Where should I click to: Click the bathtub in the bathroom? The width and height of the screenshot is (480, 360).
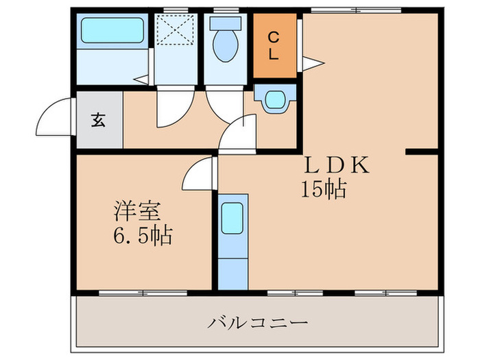[x=112, y=31]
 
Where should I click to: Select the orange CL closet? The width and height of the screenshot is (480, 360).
[x=273, y=46]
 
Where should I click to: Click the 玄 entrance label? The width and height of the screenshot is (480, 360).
[x=99, y=121]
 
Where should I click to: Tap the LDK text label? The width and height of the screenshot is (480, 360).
[x=337, y=165]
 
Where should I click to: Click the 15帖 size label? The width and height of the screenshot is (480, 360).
[x=322, y=189]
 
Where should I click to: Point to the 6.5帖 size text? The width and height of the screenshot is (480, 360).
[x=143, y=237]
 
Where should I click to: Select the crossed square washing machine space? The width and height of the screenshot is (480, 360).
[x=175, y=31]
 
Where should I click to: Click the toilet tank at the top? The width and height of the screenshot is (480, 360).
[x=224, y=22]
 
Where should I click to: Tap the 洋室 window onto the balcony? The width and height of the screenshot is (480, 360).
[x=143, y=293]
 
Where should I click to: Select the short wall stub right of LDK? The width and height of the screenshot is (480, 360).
[x=421, y=149]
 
